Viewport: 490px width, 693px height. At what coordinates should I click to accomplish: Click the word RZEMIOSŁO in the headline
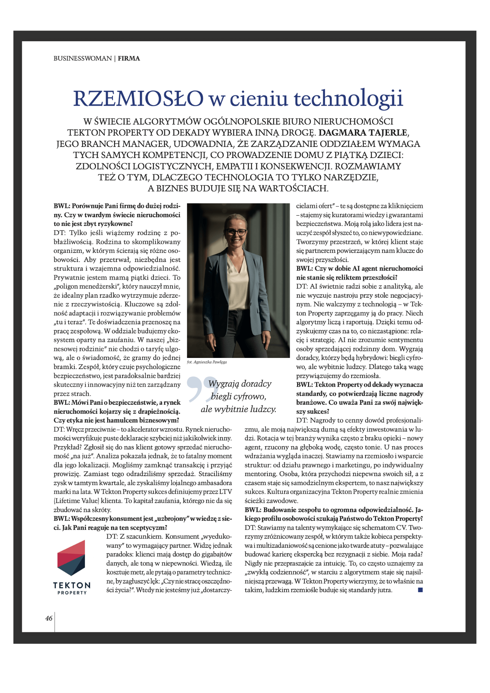[x=138, y=98]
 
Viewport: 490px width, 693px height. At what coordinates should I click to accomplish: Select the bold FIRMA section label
[x=129, y=59]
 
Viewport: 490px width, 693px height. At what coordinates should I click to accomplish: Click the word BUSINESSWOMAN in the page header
[x=82, y=59]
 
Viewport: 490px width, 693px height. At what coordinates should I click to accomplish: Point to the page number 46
[x=49, y=618]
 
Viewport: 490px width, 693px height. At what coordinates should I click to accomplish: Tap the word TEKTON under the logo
[x=72, y=585]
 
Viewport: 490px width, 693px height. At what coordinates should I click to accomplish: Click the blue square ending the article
[x=420, y=590]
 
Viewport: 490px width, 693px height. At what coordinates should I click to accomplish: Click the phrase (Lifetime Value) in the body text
[x=76, y=501]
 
